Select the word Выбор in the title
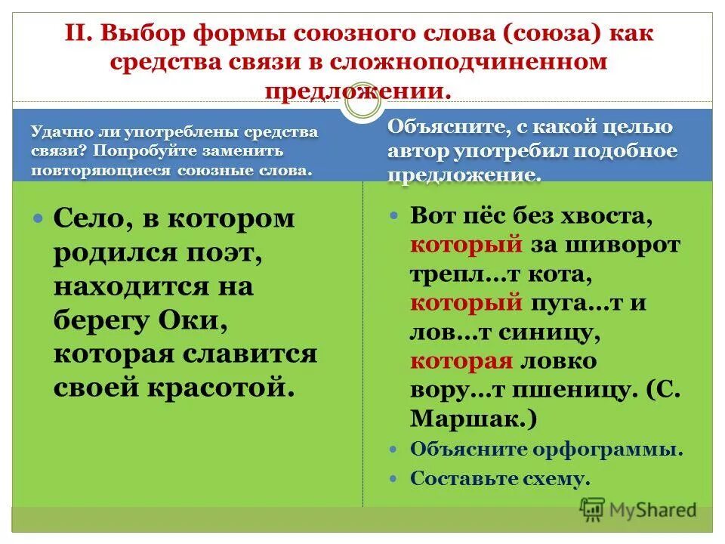tap(143, 34)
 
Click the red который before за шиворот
tap(467, 244)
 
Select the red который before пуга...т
tap(467, 302)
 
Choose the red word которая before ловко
tap(462, 360)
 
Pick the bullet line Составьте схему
tap(498, 478)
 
